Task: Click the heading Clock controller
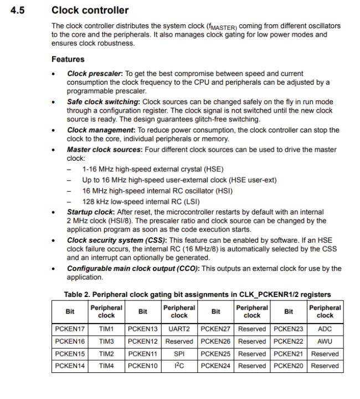point(90,10)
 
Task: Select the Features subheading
point(68,59)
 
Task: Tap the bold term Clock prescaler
point(92,73)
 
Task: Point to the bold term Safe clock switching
point(104,102)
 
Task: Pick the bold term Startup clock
point(91,212)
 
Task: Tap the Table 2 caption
point(198,294)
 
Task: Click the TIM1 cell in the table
point(106,329)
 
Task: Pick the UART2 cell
point(179,329)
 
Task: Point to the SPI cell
point(179,354)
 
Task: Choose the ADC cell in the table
point(325,329)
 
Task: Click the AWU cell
point(325,341)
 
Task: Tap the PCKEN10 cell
point(143,366)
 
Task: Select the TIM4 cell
point(106,366)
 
